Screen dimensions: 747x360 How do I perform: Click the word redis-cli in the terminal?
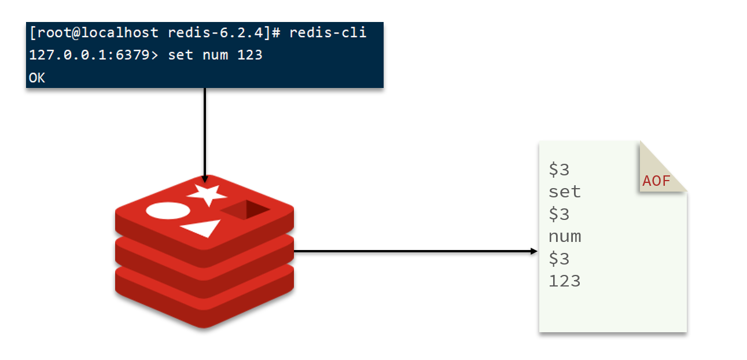pos(328,32)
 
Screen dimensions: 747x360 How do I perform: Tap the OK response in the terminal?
pos(36,78)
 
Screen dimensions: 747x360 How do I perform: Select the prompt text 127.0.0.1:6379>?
pos(94,55)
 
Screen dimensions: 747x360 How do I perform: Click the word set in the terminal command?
pos(181,55)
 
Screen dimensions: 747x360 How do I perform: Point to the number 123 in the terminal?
pos(250,55)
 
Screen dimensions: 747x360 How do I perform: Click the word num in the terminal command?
pos(215,56)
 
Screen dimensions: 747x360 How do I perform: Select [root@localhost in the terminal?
pos(94,32)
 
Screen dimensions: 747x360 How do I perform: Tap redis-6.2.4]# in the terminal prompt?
pos(224,32)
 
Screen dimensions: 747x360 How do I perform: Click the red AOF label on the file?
pos(656,181)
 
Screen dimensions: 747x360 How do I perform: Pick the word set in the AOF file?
pos(565,192)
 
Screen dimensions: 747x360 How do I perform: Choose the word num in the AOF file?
pos(565,237)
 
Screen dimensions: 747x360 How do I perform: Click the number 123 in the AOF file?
pos(565,281)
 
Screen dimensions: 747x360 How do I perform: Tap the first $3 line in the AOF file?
pos(559,170)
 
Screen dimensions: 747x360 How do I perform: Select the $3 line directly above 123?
pos(559,259)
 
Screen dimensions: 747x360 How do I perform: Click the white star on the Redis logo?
pos(207,194)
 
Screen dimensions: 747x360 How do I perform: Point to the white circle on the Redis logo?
pos(168,211)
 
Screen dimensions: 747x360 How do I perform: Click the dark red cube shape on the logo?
pos(245,210)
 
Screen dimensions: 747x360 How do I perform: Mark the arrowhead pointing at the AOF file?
pos(533,251)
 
